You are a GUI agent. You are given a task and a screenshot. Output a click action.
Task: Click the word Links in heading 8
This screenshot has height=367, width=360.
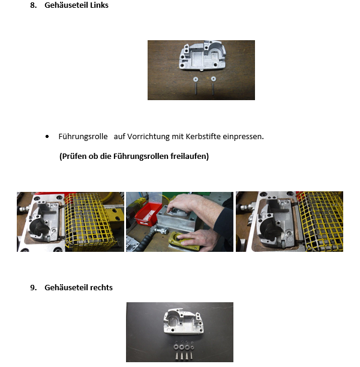tap(99, 5)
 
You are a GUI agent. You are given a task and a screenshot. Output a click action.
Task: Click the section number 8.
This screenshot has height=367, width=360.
tap(34, 5)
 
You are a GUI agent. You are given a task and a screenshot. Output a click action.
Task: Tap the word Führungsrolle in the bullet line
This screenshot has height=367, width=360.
tap(83, 137)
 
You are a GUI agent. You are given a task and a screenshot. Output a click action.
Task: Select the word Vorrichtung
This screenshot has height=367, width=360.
tap(148, 137)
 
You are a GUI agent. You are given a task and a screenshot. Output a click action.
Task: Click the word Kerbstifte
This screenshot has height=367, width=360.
tap(203, 137)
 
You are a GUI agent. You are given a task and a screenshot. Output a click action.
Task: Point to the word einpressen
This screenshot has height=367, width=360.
tap(243, 137)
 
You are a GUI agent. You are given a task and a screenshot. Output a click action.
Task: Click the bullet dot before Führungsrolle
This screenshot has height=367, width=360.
tap(47, 137)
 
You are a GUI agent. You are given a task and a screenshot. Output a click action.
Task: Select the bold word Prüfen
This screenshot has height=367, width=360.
tap(72, 156)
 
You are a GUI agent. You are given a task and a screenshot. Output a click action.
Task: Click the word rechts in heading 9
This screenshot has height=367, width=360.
tap(101, 287)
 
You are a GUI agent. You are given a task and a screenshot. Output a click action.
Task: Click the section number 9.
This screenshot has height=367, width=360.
tap(34, 287)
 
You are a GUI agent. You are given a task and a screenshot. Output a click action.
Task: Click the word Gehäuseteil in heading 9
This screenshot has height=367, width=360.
tap(66, 287)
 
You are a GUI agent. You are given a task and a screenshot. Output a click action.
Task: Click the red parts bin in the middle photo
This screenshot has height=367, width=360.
tap(148, 214)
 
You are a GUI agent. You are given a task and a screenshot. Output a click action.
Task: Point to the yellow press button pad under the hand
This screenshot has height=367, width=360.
tap(184, 241)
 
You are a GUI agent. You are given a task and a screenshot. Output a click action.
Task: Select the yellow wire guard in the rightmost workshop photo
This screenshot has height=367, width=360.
tap(319, 221)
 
